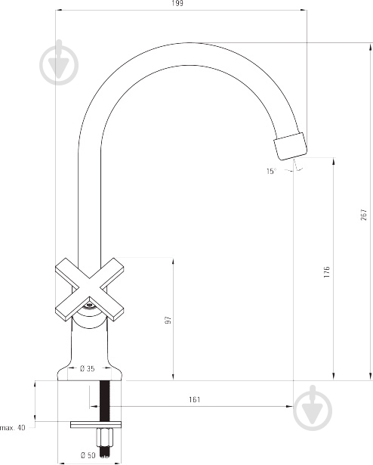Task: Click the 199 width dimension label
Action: click(177, 3)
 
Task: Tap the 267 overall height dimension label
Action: click(364, 215)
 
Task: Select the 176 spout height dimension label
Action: click(326, 272)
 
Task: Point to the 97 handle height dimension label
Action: click(168, 321)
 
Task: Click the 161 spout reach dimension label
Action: click(194, 399)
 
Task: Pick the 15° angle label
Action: click(271, 171)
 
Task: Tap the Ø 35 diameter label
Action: click(88, 369)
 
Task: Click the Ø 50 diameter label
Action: click(88, 455)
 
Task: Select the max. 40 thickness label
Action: click(13, 428)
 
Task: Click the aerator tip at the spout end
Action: click(291, 146)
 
